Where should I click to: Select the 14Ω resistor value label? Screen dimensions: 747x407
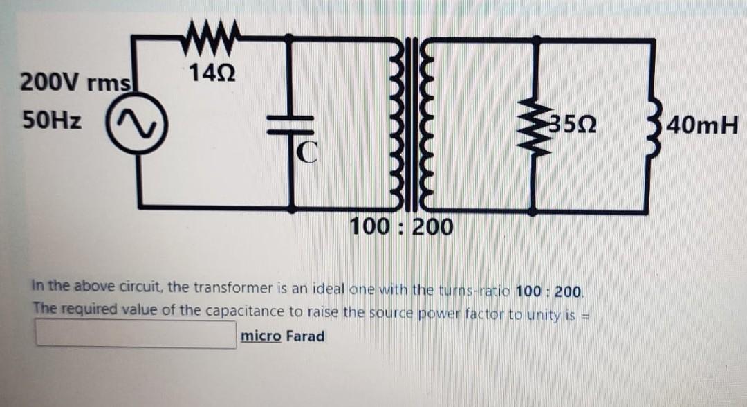(x=210, y=71)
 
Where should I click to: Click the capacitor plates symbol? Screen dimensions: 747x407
(x=291, y=125)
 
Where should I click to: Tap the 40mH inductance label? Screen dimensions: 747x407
(x=704, y=126)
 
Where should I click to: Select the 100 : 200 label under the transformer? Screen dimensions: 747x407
(x=401, y=226)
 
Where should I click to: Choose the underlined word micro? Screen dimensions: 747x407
(x=260, y=336)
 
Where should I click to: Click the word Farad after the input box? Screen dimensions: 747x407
(x=304, y=336)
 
